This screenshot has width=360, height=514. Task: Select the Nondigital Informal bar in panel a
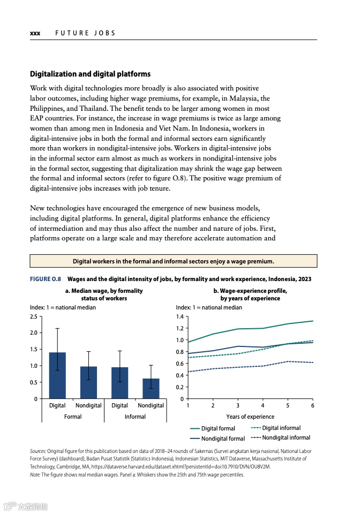coord(151,389)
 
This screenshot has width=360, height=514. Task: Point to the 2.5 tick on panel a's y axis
coord(34,316)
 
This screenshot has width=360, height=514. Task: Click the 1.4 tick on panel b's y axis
coord(180,316)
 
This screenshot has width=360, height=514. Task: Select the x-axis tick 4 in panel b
coord(262,405)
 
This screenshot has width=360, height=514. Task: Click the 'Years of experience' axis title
coord(250,417)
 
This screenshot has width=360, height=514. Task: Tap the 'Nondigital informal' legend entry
coord(286,438)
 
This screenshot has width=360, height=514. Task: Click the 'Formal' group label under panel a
coord(73,417)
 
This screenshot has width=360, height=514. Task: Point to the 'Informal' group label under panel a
coord(135,417)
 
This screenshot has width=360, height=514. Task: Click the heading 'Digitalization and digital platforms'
coord(90,74)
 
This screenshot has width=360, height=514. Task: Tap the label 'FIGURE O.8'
coord(46,279)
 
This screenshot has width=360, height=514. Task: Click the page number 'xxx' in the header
coord(35,33)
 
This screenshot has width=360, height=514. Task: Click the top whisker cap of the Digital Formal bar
coord(57,328)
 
